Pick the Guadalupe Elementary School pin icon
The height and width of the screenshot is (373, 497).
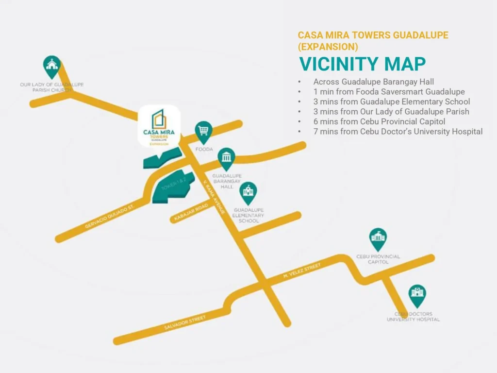248,193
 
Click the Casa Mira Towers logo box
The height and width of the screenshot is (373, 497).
159,126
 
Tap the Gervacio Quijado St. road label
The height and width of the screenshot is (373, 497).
109,216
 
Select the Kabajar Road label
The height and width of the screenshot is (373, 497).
191,213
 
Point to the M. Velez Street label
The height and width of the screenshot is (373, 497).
302,271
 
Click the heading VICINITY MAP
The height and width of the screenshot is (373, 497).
362,64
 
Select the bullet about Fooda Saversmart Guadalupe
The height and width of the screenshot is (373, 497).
389,92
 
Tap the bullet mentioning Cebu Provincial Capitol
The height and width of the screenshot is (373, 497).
379,121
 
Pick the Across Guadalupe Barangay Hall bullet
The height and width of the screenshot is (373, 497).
373,82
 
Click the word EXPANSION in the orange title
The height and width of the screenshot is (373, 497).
328,47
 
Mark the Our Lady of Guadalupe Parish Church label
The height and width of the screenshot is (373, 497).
51,87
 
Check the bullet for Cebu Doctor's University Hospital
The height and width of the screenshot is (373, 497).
398,132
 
